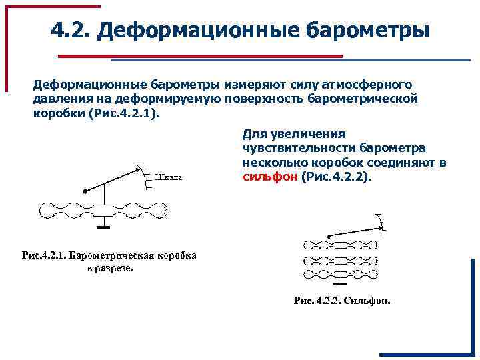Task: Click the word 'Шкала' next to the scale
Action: coord(168,177)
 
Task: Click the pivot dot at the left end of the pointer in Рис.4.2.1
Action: coord(85,191)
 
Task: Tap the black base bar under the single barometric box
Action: coord(103,228)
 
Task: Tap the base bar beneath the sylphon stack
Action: coord(339,285)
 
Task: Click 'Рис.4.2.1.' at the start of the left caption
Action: coord(44,256)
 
